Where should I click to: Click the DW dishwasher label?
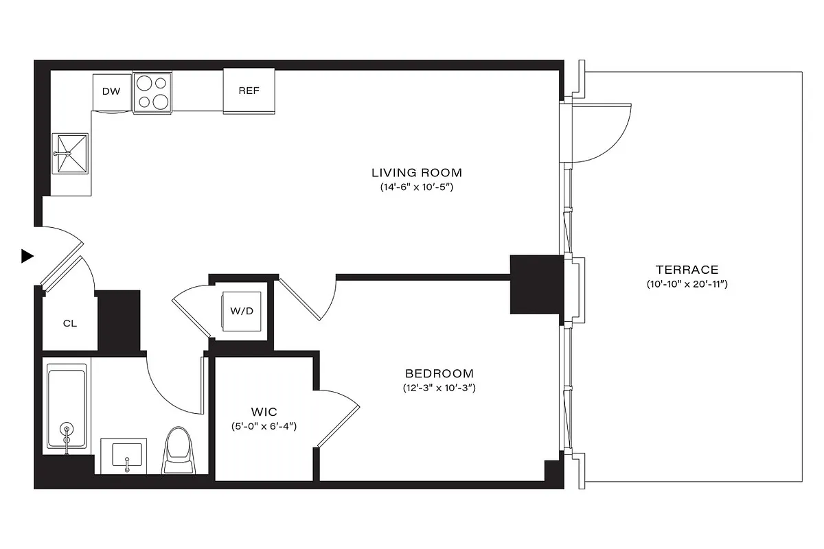click(x=111, y=91)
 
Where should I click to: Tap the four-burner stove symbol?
click(x=152, y=93)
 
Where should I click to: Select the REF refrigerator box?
click(x=249, y=91)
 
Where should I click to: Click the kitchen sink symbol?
click(x=71, y=154)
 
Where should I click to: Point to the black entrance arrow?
click(x=27, y=256)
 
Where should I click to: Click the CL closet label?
click(x=69, y=323)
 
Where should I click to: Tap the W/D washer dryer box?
click(x=242, y=311)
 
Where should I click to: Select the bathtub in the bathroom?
click(x=67, y=409)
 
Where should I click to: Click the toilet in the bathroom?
click(x=179, y=450)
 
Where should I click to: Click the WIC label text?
click(x=264, y=412)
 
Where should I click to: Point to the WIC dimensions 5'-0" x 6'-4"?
click(x=264, y=426)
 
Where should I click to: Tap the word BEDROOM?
click(x=439, y=374)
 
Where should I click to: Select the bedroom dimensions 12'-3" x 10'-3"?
click(x=439, y=388)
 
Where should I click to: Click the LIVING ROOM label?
click(x=417, y=172)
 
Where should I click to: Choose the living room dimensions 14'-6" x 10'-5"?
click(x=417, y=187)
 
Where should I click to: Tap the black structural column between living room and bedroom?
click(x=536, y=284)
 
